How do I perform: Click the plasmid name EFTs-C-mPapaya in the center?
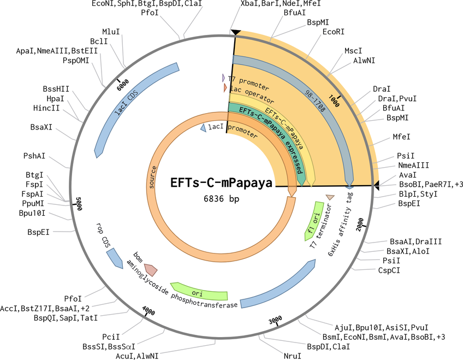(x=221, y=182)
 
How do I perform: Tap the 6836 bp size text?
(x=222, y=199)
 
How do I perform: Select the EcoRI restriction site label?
(x=334, y=32)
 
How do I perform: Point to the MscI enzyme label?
(x=353, y=51)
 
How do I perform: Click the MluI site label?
(x=111, y=32)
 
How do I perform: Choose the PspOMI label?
(x=76, y=60)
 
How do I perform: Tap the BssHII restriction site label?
(x=56, y=89)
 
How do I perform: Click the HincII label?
(x=46, y=108)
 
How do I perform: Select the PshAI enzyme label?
(x=34, y=156)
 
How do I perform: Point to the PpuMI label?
(x=33, y=203)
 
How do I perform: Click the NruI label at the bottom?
(x=293, y=356)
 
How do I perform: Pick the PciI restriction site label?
(x=111, y=337)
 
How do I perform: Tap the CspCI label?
(x=389, y=270)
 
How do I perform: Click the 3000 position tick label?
(x=275, y=320)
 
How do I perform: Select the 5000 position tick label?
(x=79, y=204)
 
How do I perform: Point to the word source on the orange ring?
(x=152, y=177)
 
